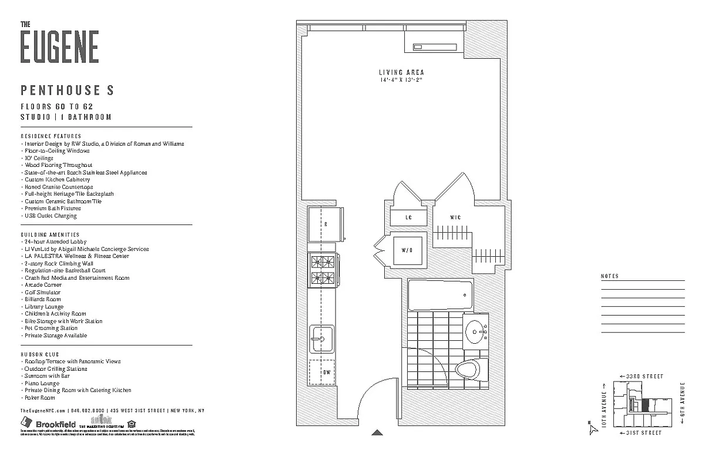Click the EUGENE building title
pos(59,46)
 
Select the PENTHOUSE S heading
pos(67,90)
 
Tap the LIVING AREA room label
pos(401,72)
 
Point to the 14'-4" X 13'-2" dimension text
pos(401,80)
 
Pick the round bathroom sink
pos(474,333)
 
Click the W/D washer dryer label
pos(407,250)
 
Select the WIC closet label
pos(455,218)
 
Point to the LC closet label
pos(408,217)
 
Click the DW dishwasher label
pos(325,372)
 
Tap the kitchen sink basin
pos(320,338)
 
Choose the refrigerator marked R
pos(325,224)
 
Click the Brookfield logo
pos(49,424)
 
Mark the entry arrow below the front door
pos(378,432)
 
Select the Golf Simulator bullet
pos(42,292)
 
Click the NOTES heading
pos(610,276)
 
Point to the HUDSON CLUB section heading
pos(40,354)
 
